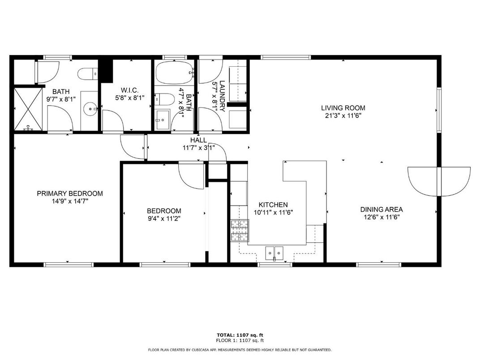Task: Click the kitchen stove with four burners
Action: [x=239, y=231]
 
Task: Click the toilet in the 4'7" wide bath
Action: [x=163, y=99]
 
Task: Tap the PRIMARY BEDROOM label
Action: [x=69, y=193]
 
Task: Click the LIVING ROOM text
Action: [x=343, y=107]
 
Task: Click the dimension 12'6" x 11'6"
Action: [x=381, y=217]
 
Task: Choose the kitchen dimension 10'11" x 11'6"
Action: [x=273, y=213]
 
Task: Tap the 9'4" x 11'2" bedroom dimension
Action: [x=164, y=219]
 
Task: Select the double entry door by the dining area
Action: [x=439, y=180]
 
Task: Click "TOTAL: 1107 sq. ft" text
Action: [x=240, y=335]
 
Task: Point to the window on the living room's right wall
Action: [x=439, y=110]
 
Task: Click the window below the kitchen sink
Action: [x=275, y=265]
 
